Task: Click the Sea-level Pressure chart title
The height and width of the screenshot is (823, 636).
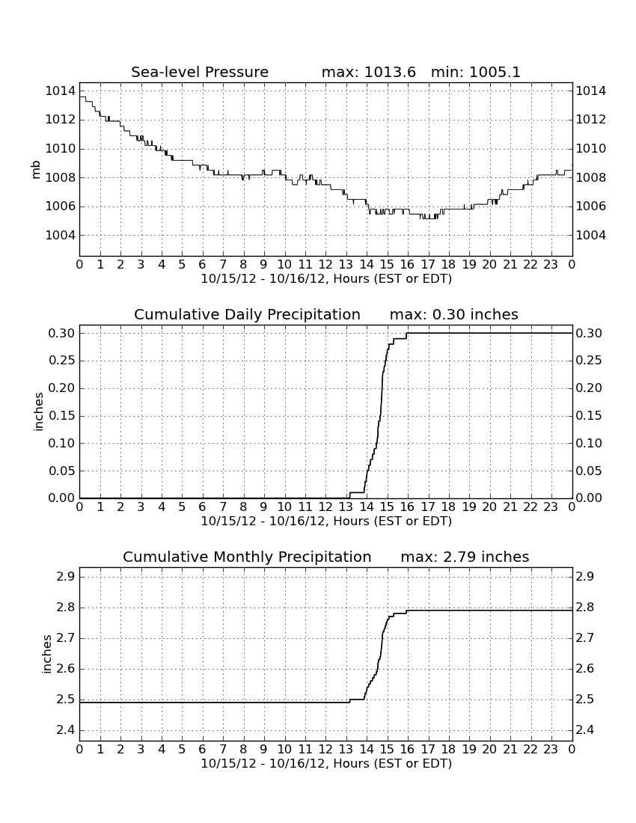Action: [200, 72]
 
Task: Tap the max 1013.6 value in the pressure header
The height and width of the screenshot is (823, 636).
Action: [368, 72]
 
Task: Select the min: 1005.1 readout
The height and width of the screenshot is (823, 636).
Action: [475, 72]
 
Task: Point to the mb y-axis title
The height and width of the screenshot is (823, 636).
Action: [36, 170]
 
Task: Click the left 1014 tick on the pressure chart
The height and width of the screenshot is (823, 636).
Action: [61, 91]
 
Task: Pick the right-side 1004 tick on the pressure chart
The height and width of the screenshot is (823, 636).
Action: [591, 235]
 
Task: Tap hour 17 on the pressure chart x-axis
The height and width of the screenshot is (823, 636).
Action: [428, 264]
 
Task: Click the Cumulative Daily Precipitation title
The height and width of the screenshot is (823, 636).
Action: [247, 314]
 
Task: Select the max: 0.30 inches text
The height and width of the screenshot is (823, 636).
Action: [453, 314]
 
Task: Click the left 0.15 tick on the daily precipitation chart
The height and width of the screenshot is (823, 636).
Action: [62, 416]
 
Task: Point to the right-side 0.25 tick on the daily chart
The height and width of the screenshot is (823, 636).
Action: [590, 361]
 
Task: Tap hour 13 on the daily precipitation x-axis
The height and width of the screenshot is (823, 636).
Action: [346, 507]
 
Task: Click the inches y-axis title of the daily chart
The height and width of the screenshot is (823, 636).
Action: [38, 412]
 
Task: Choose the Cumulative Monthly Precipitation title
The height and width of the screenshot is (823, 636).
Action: [247, 557]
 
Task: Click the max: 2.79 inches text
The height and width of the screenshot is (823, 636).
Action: [465, 557]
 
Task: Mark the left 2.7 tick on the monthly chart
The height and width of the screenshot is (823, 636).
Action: [66, 638]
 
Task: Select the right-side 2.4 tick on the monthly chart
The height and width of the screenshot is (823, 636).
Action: [586, 730]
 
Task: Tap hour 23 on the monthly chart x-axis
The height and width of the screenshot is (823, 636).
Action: [551, 749]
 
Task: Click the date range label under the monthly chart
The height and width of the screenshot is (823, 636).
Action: [326, 763]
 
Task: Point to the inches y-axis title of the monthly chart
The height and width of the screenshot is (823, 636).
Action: [46, 654]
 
